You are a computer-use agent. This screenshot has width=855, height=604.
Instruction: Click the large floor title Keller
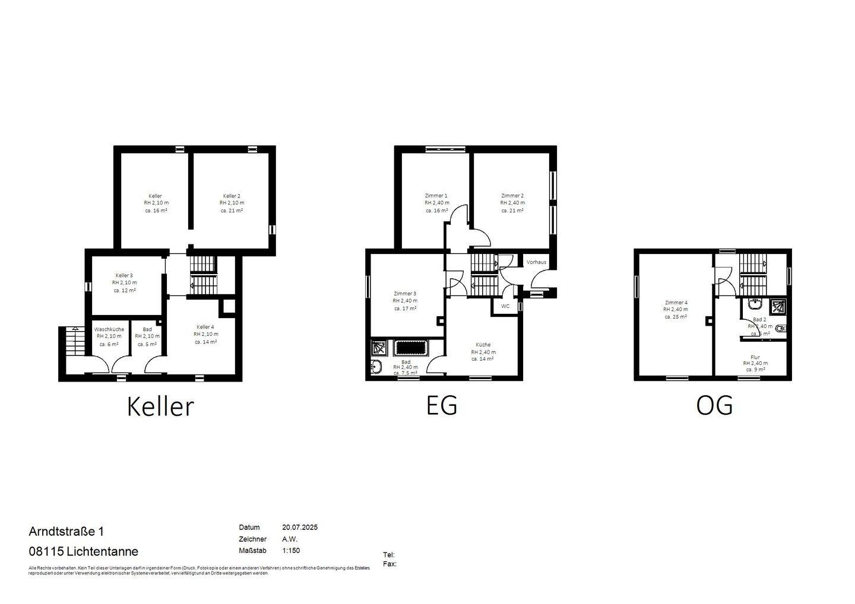(x=160, y=406)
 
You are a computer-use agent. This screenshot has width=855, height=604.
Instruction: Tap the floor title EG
(x=442, y=405)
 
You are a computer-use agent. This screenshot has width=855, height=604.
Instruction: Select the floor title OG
(x=714, y=405)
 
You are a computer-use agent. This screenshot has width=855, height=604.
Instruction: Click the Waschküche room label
(x=109, y=329)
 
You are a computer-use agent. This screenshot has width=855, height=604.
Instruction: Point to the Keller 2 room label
(x=232, y=196)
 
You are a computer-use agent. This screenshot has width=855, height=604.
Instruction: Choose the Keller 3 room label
(x=124, y=276)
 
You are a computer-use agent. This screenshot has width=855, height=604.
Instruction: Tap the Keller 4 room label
(x=205, y=327)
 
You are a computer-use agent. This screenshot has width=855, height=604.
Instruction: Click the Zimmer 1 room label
(x=436, y=196)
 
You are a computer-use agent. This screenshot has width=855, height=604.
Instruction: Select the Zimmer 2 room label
(x=512, y=196)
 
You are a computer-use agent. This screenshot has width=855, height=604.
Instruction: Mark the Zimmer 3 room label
(x=405, y=294)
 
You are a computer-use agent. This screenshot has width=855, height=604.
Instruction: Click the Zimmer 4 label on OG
(x=676, y=302)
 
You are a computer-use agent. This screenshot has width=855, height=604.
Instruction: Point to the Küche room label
(x=483, y=345)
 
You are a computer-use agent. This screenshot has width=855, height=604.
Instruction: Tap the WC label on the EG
(x=505, y=307)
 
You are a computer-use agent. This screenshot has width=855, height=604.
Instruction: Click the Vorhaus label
(x=536, y=262)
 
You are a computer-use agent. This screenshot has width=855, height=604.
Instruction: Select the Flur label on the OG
(x=755, y=357)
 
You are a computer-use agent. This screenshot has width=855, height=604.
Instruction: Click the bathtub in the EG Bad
(x=411, y=347)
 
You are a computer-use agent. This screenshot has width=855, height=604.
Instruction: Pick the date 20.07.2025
(x=300, y=527)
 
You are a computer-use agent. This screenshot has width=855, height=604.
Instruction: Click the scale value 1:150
(x=291, y=551)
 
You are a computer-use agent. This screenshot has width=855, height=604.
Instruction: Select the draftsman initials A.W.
(x=290, y=539)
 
